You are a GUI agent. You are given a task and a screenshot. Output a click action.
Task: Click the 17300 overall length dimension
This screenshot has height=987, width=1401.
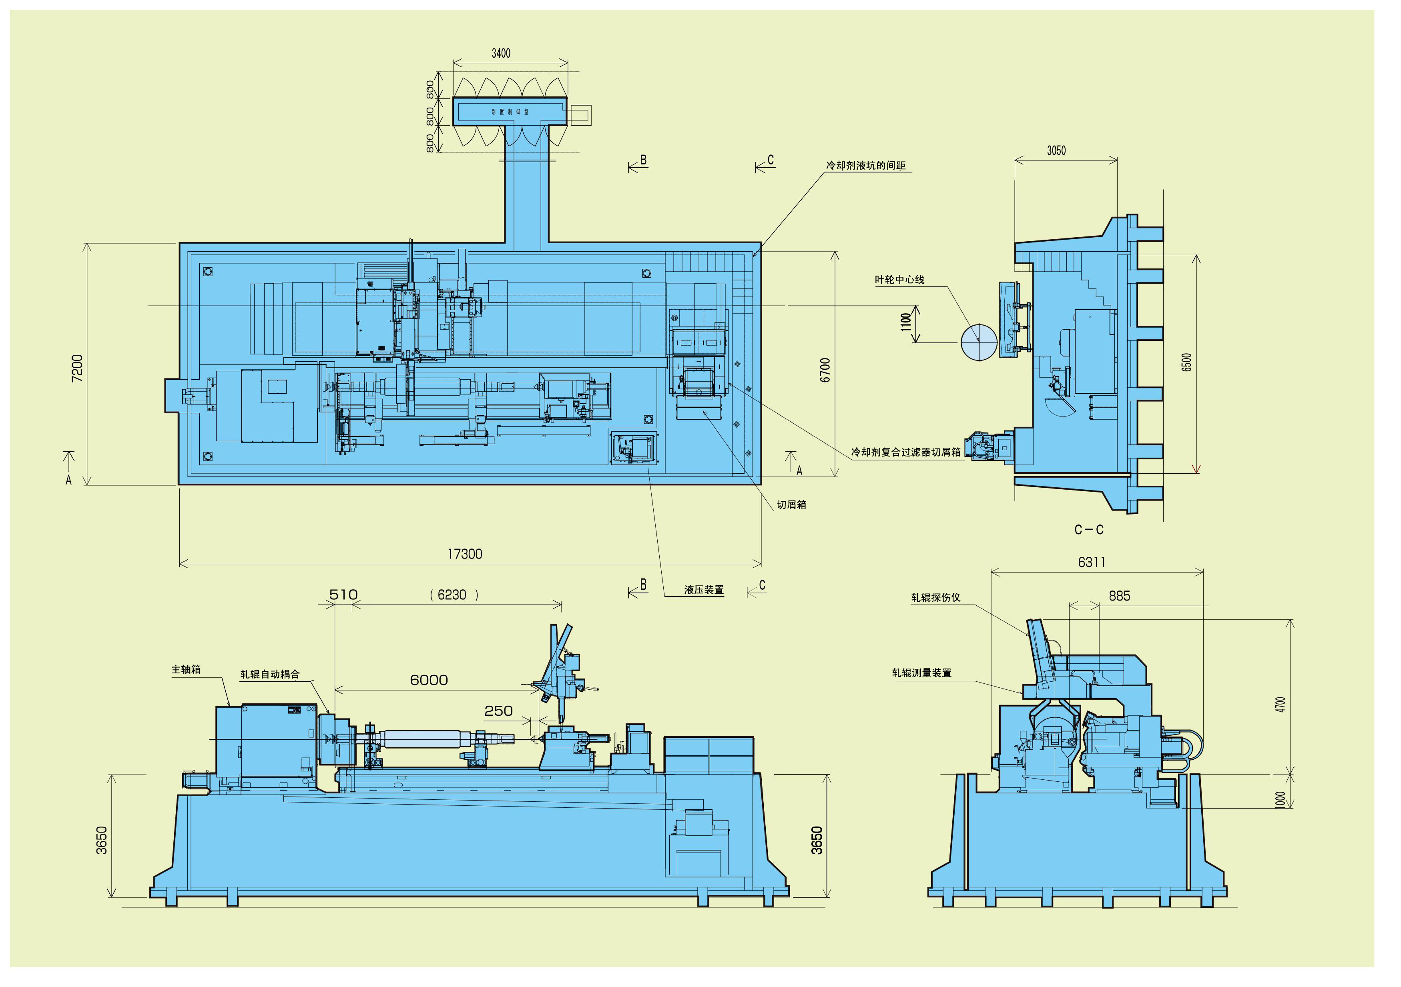[465, 554]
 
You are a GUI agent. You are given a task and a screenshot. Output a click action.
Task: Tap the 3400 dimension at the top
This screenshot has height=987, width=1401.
[501, 54]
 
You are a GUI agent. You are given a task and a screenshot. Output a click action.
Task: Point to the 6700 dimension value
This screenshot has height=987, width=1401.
[825, 370]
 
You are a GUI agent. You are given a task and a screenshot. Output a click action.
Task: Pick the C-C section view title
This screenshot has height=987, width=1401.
[1089, 529]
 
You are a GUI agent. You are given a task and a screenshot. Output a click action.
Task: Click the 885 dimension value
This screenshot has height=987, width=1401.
[1119, 596]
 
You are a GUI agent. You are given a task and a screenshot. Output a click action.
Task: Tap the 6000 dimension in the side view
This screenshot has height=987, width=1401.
[429, 680]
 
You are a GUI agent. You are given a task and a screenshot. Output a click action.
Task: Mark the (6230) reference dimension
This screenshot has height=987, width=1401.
[454, 595]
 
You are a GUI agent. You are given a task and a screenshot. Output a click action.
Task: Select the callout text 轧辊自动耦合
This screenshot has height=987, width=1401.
[270, 675]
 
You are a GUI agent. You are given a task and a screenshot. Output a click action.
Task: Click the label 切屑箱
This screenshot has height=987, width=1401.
[791, 505]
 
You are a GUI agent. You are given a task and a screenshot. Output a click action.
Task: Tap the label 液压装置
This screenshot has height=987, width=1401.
[704, 590]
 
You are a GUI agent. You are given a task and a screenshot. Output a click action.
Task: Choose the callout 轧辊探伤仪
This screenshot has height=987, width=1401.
[935, 598]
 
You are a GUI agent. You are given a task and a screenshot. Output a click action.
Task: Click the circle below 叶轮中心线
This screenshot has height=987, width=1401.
[979, 342]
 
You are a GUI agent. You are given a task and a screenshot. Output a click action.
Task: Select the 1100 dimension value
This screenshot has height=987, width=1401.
[906, 322]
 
